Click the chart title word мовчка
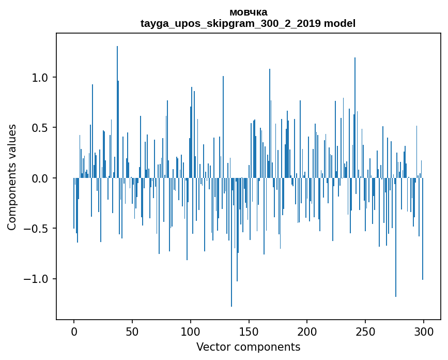pyautogui.click(x=248, y=12)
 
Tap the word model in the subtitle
pyautogui.click(x=339, y=23)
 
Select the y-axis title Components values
pyautogui.click(x=12, y=177)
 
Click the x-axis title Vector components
pyautogui.click(x=248, y=347)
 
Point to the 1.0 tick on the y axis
pyautogui.click(x=40, y=78)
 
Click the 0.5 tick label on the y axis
pyautogui.click(x=40, y=128)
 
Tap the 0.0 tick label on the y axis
pyautogui.click(x=40, y=178)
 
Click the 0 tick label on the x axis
pyautogui.click(x=74, y=332)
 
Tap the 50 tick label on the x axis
pyautogui.click(x=132, y=332)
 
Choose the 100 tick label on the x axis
pyautogui.click(x=191, y=332)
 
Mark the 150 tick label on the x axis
pyautogui.click(x=249, y=332)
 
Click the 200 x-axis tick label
pyautogui.click(x=307, y=332)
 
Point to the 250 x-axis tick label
pyautogui.click(x=365, y=332)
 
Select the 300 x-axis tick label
pyautogui.click(x=424, y=332)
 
